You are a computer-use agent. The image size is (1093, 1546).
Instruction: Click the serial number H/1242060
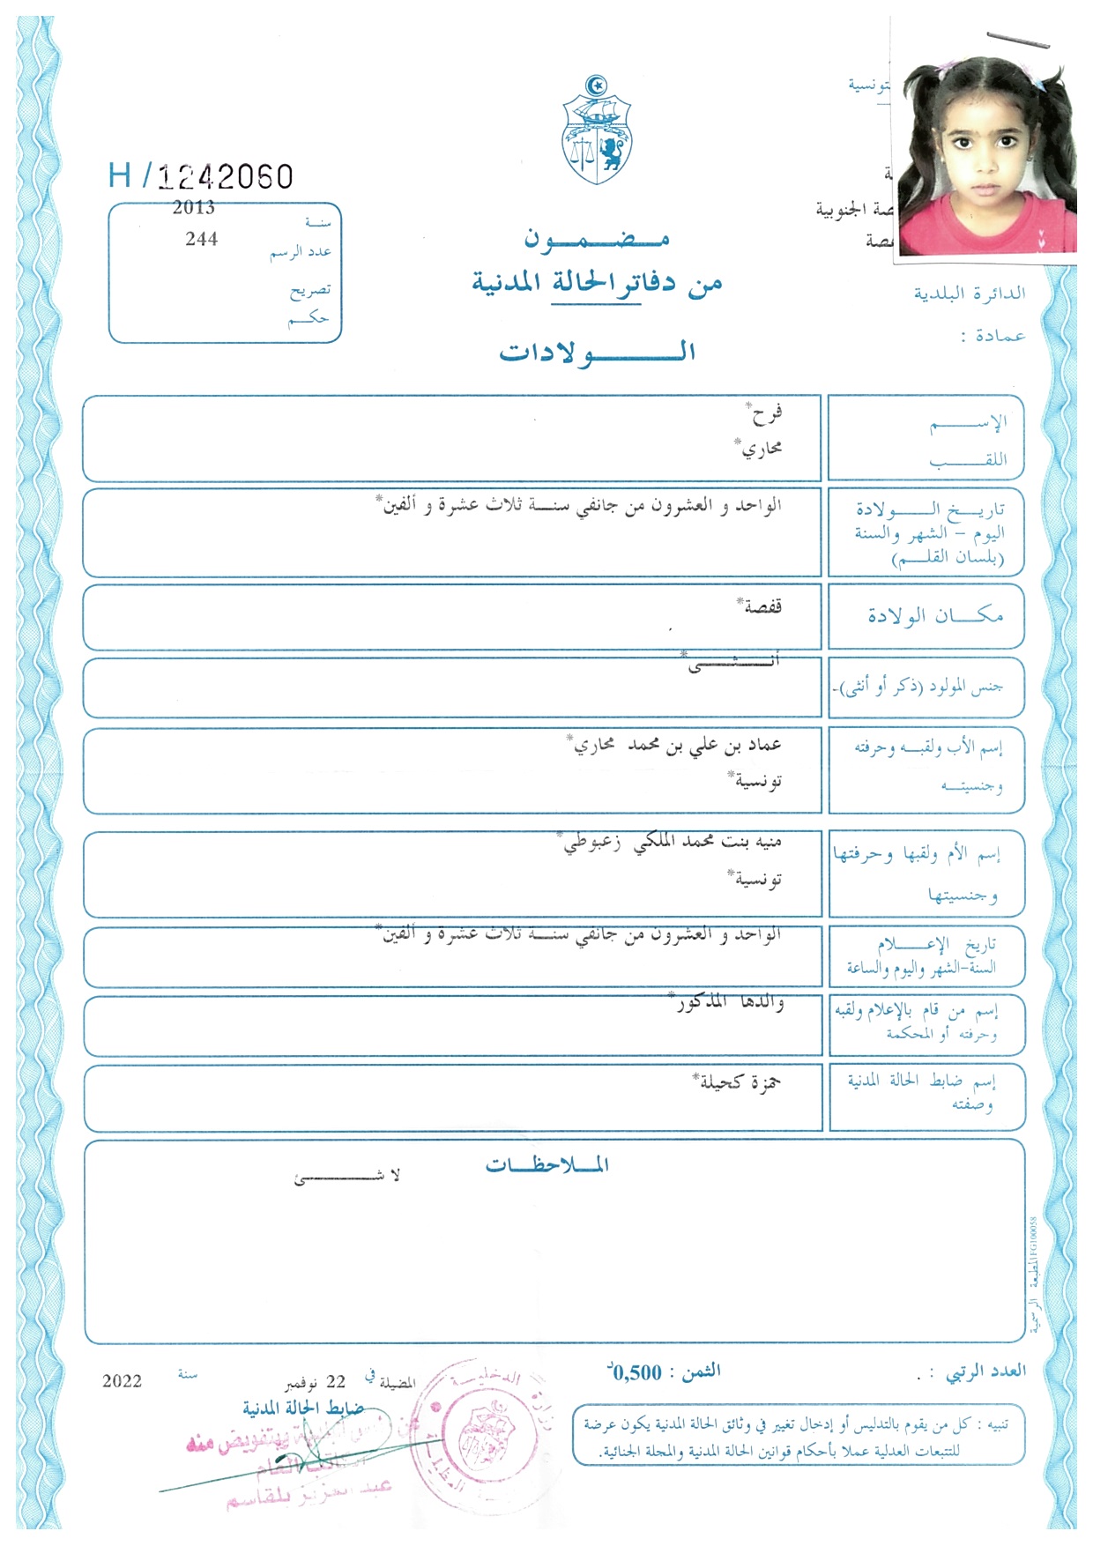(201, 176)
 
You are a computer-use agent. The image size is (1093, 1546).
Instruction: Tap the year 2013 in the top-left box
(194, 207)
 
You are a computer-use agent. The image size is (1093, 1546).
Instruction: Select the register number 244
(202, 239)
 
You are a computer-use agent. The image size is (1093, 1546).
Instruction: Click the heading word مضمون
(597, 238)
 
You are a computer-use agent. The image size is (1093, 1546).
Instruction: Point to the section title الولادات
(597, 353)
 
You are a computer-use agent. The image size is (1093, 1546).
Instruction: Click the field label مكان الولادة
(934, 615)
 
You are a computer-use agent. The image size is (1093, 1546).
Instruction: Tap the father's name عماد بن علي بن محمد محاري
(675, 746)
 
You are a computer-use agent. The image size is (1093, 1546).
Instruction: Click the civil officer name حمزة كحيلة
(739, 1081)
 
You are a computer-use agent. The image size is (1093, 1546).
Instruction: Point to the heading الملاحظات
(546, 1165)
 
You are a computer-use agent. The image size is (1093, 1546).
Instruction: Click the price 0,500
(635, 1372)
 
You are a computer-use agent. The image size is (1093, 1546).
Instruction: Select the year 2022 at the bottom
(122, 1381)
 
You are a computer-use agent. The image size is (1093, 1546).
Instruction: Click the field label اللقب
(967, 461)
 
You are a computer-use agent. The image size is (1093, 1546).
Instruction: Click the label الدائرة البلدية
(969, 293)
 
